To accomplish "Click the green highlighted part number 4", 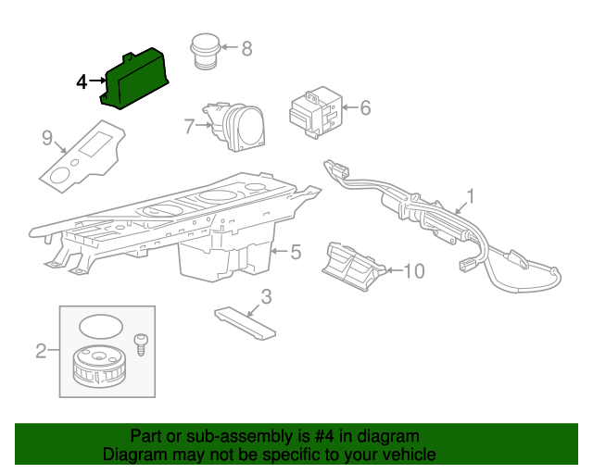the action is click(x=134, y=79).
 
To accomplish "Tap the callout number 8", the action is click(x=246, y=49).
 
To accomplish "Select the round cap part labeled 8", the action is click(x=206, y=51).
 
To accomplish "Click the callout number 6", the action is click(x=365, y=107).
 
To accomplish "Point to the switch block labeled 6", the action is click(x=315, y=112).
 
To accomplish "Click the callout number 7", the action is click(x=189, y=126).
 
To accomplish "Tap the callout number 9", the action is click(x=47, y=138).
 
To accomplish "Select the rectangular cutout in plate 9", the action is click(x=95, y=144).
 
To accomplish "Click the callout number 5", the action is click(x=296, y=252).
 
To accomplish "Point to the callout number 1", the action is click(x=470, y=196).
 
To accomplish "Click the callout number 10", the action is click(x=414, y=271).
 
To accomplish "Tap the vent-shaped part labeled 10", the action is click(x=354, y=267).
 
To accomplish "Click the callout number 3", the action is click(x=266, y=297).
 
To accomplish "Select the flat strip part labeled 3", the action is click(x=245, y=323).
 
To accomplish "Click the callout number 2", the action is click(x=41, y=351).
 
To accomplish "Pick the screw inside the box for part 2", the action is click(x=141, y=344).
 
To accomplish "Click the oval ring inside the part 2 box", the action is click(x=101, y=326).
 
